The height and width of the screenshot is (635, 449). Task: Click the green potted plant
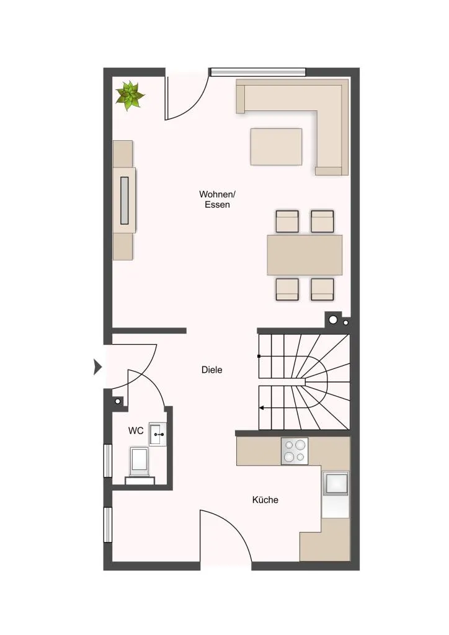coord(130,95)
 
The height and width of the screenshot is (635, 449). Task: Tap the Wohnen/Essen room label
coord(218,199)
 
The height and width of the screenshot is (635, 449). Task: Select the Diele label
coord(211,370)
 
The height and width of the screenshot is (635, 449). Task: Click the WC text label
coord(136,431)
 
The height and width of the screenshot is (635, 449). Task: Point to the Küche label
coord(265,500)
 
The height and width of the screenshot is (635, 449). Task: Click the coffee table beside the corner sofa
coord(276,146)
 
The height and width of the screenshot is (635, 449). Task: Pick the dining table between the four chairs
coord(305,255)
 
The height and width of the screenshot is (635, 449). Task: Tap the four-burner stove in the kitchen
coord(295,451)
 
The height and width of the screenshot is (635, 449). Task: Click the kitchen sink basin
coord(335,483)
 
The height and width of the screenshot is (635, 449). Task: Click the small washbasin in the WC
coord(158,434)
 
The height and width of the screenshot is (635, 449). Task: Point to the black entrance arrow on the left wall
coord(97,367)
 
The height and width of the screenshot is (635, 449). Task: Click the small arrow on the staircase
coord(262,408)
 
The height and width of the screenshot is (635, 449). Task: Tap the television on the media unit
coord(124,200)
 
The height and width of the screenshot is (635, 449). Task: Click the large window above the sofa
coord(257,72)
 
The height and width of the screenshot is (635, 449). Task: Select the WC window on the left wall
coord(108,461)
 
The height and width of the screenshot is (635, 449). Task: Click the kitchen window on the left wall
coord(108,525)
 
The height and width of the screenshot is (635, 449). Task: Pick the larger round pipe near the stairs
coord(333,320)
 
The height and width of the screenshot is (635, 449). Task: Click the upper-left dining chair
coord(287,221)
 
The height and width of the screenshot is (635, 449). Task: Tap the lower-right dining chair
coord(322,289)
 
